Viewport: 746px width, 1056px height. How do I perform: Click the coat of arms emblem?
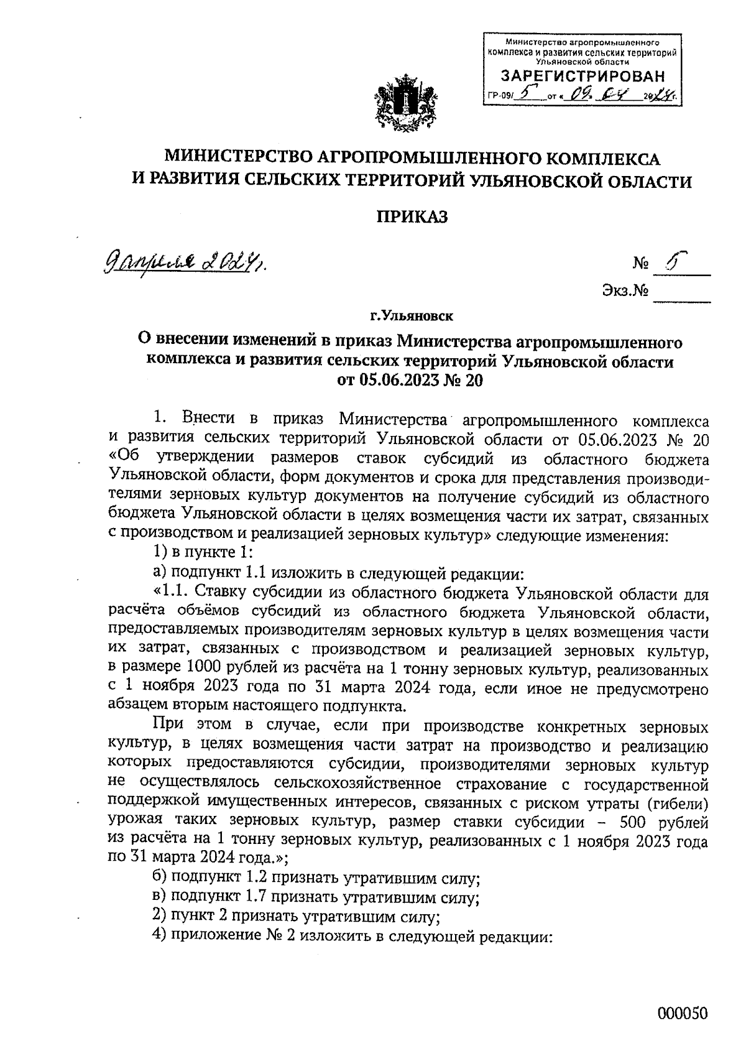click(x=403, y=103)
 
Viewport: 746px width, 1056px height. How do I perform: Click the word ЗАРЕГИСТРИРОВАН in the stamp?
click(x=583, y=76)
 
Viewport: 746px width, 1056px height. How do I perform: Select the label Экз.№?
click(x=624, y=290)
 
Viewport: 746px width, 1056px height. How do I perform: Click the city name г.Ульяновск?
click(x=412, y=317)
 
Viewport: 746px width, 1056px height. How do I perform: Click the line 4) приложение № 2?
click(x=352, y=936)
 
